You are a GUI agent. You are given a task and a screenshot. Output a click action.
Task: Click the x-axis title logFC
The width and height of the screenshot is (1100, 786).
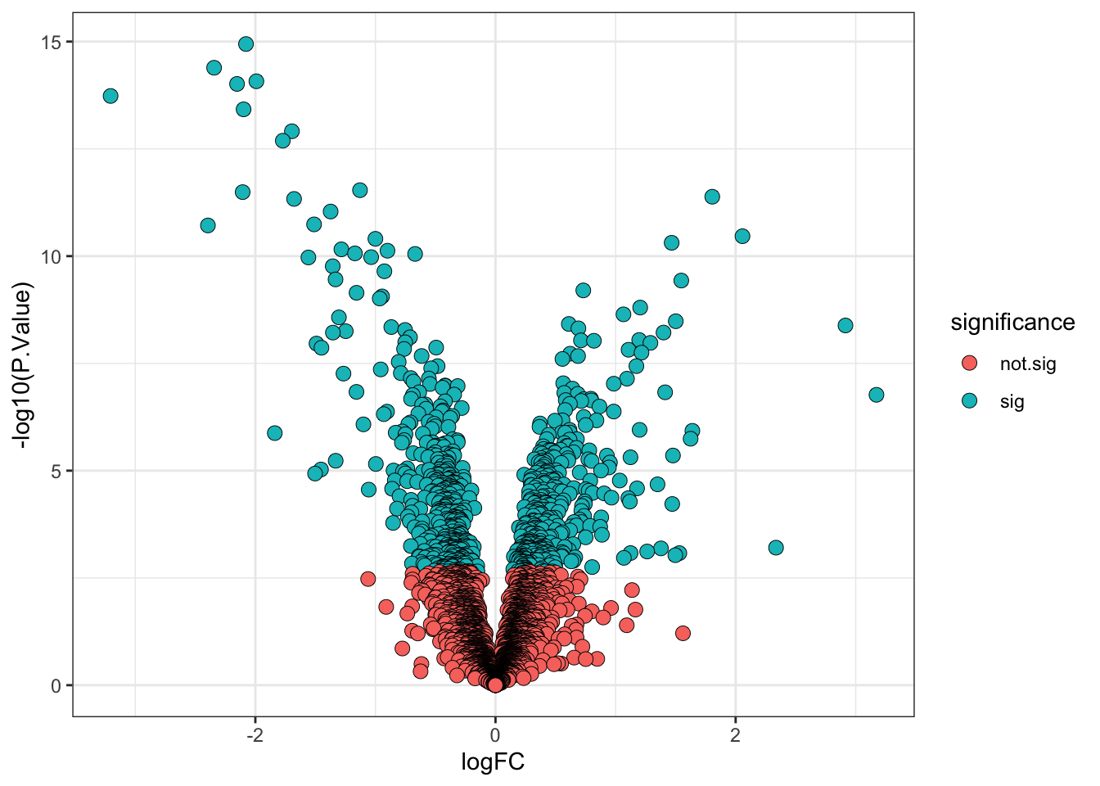tap(493, 763)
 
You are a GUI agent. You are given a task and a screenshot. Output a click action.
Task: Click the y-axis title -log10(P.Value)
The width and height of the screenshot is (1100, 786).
tap(24, 365)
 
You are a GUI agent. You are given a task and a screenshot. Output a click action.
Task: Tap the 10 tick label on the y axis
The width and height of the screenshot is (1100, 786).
tap(51, 256)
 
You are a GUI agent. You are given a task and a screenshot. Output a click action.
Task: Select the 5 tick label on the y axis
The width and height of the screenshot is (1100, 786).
tap(56, 471)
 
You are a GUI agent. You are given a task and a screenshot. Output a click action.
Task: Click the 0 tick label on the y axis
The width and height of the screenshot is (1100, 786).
tap(56, 685)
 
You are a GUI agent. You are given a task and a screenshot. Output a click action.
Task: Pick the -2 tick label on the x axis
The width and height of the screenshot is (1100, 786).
tap(255, 735)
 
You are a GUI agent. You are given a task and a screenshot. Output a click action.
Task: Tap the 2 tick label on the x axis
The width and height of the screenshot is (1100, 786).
tap(735, 735)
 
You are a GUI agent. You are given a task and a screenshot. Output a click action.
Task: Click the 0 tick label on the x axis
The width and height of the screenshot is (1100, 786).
tap(495, 735)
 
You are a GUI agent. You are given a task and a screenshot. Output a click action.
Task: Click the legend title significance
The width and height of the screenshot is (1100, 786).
tap(1012, 323)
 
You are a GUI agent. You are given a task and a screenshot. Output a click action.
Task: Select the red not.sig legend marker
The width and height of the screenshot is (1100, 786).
tap(970, 363)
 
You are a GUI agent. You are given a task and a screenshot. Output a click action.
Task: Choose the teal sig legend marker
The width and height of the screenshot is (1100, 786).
tap(970, 400)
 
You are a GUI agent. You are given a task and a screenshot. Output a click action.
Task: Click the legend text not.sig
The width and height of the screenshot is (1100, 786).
tap(1028, 364)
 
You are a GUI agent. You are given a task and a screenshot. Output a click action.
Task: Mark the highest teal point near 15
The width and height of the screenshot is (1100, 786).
tap(246, 44)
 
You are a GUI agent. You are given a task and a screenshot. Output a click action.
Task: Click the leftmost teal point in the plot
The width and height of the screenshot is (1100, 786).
tap(110, 96)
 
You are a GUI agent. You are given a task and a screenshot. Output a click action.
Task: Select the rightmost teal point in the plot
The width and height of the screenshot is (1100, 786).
tap(876, 395)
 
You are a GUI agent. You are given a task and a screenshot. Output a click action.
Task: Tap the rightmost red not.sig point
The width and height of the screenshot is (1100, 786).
tap(683, 633)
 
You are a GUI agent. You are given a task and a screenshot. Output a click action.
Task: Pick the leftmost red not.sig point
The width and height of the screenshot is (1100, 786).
tap(367, 579)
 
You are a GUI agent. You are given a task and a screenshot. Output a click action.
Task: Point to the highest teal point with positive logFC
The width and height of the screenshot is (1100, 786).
tap(712, 196)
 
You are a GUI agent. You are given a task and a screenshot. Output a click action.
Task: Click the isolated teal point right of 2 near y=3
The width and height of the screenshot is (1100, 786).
tap(776, 547)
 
